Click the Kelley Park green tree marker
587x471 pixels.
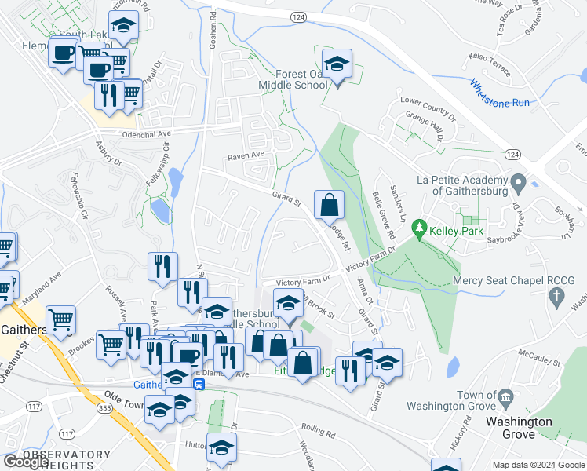pyautogui.click(x=420, y=228)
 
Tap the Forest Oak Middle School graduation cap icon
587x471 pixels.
pyautogui.click(x=337, y=66)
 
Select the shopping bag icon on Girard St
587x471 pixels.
pyautogui.click(x=330, y=206)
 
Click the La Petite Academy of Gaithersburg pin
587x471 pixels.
pyautogui.click(x=517, y=185)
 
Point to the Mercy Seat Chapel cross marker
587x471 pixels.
pyautogui.click(x=557, y=297)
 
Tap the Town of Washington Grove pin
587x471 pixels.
pyautogui.click(x=507, y=398)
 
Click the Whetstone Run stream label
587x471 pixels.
pyautogui.click(x=500, y=94)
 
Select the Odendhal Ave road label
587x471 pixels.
pyautogui.click(x=146, y=134)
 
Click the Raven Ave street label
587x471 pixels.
pyautogui.click(x=246, y=156)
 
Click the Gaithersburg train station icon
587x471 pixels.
pyautogui.click(x=199, y=384)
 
